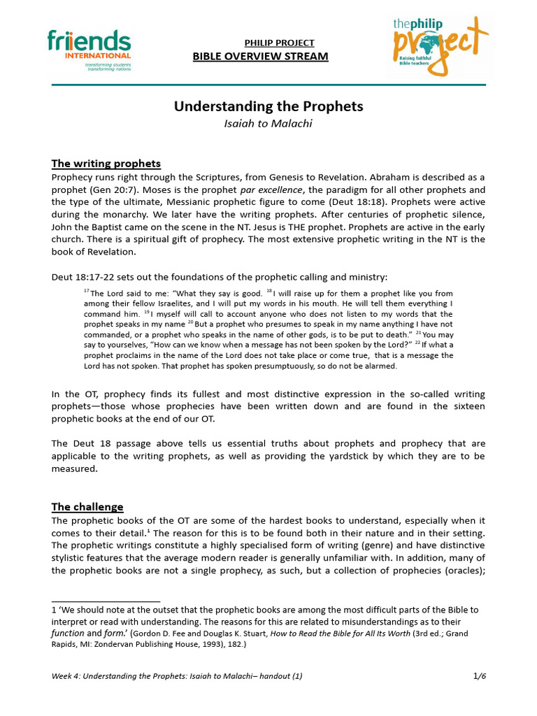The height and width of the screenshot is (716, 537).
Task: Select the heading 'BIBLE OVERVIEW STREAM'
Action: [260, 56]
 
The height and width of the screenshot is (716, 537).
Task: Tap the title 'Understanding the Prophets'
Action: [268, 106]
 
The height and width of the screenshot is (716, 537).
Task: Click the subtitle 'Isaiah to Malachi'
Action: [268, 124]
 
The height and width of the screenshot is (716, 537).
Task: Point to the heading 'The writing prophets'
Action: [106, 164]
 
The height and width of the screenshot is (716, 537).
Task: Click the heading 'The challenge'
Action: [87, 507]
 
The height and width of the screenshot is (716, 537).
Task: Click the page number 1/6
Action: [479, 676]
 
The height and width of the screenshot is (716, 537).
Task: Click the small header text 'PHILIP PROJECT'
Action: [279, 43]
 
